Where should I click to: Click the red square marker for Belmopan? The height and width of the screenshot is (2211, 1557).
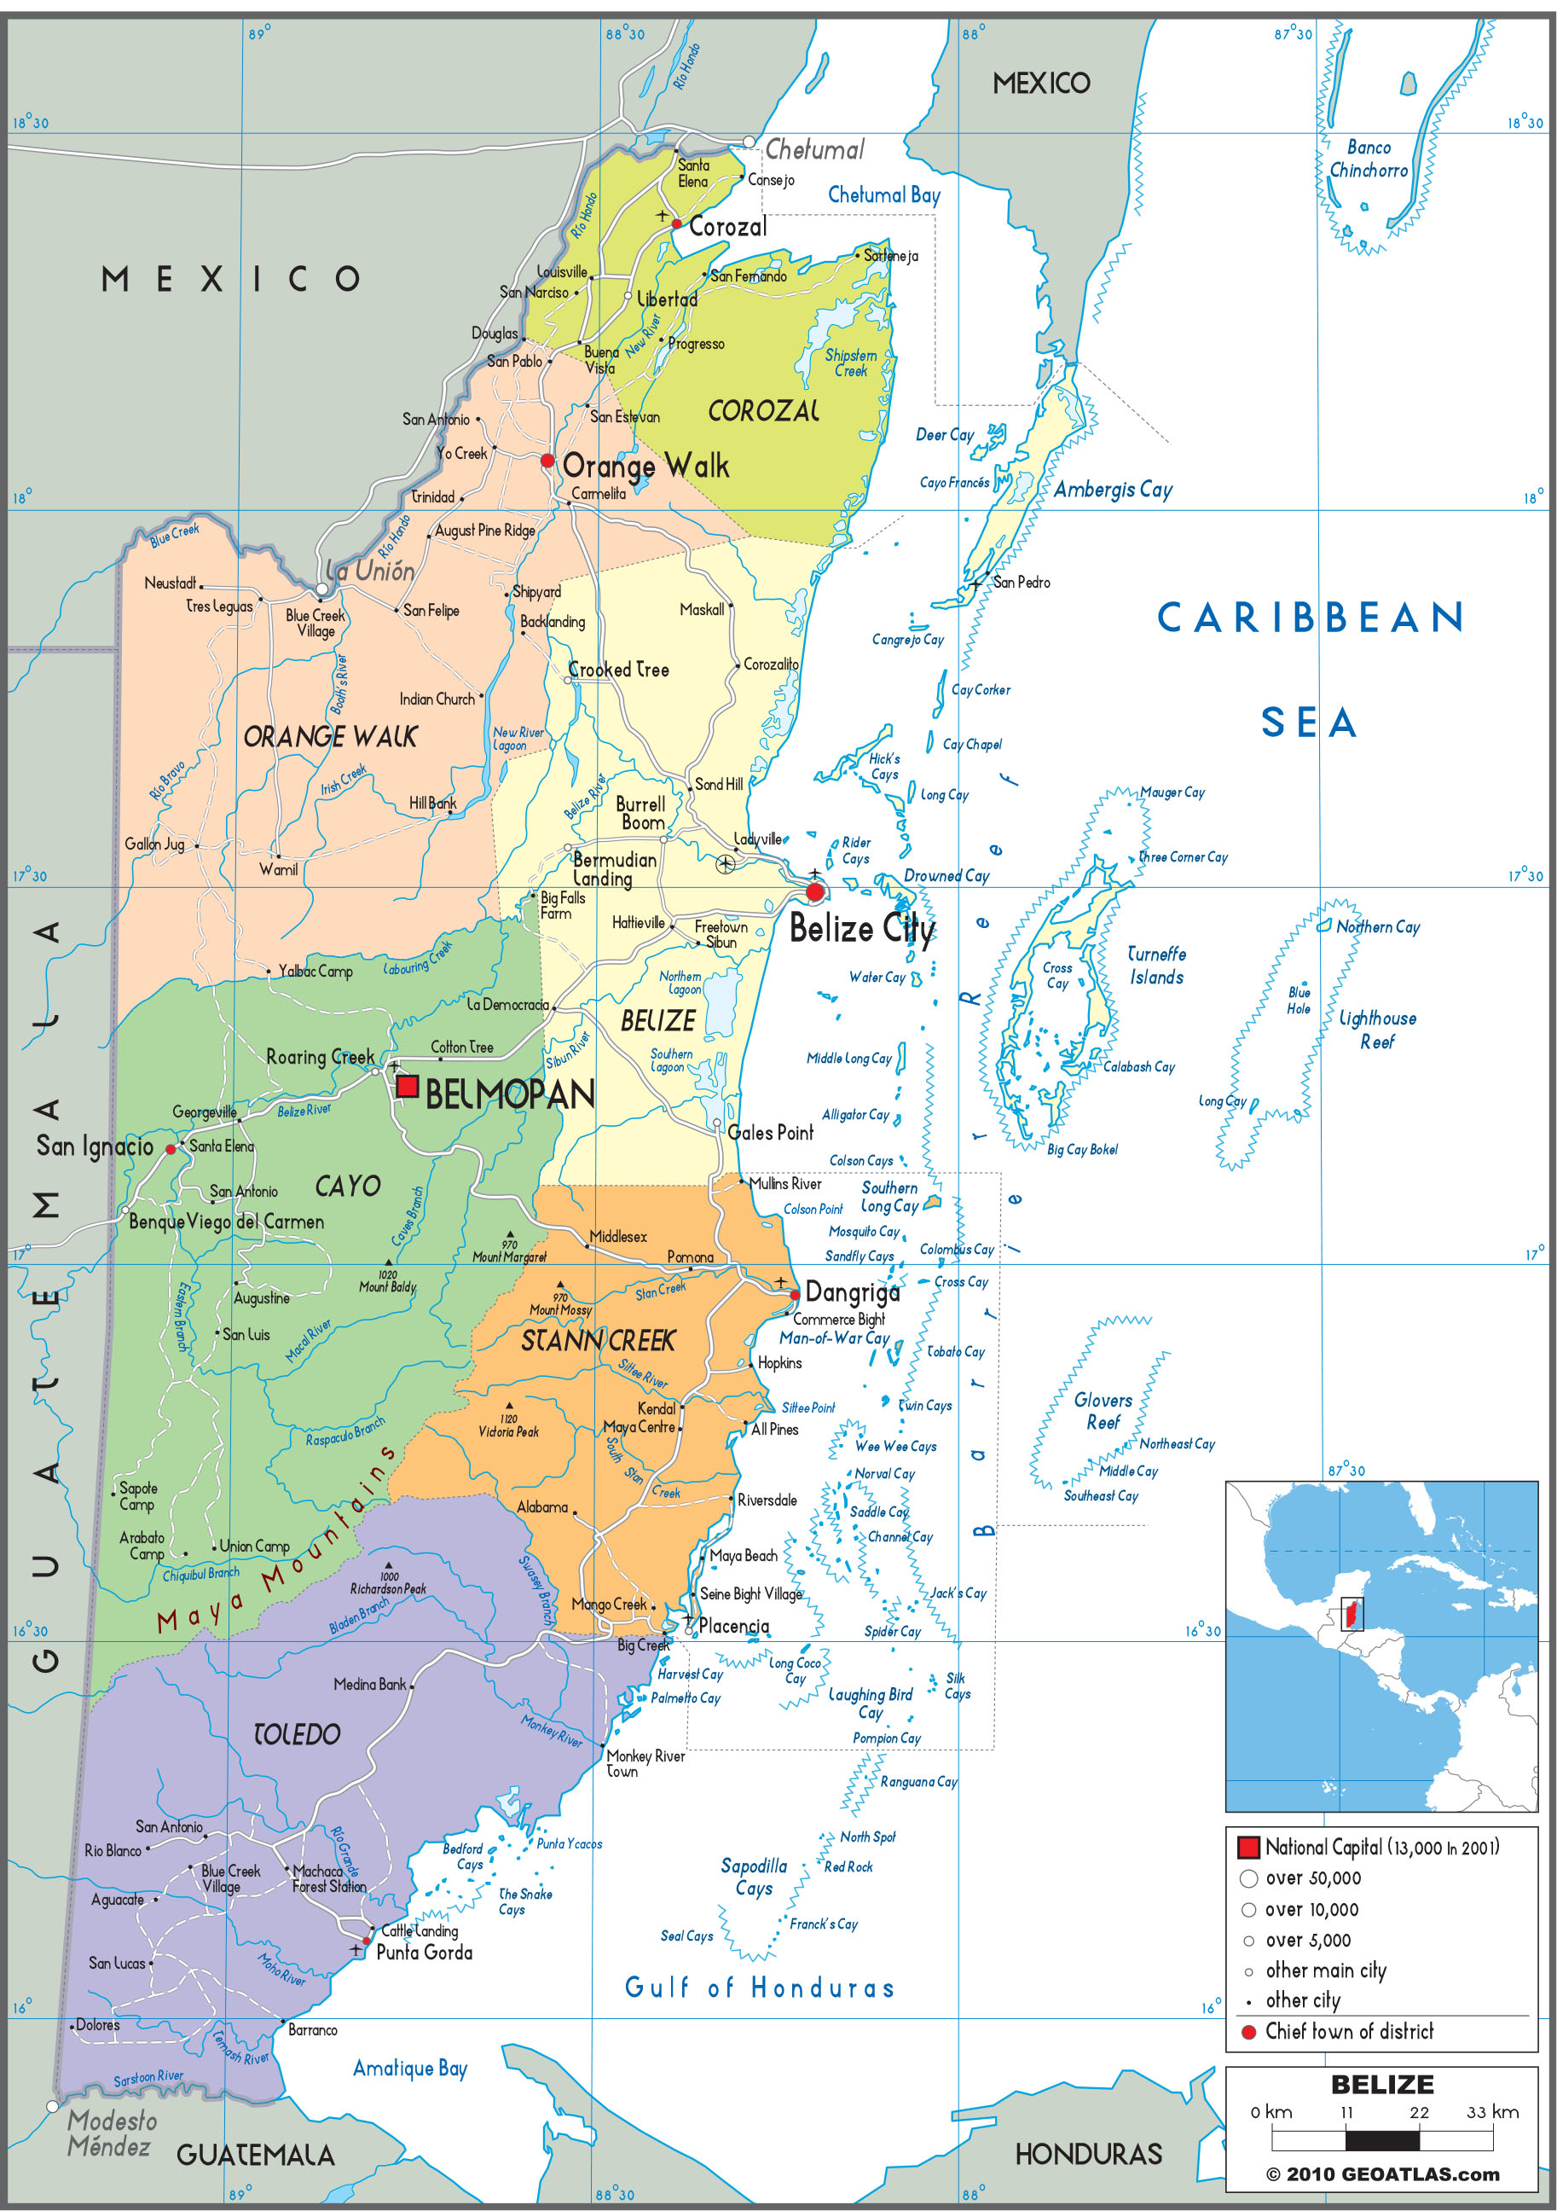tap(408, 1086)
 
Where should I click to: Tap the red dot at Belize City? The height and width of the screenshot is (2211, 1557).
tap(814, 891)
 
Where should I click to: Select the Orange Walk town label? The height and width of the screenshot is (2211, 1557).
tap(645, 466)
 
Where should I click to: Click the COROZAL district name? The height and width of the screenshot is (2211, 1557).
tap(762, 411)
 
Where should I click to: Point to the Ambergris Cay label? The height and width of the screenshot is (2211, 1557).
tap(1113, 489)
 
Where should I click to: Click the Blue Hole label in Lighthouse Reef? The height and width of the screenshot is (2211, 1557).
tap(1298, 1000)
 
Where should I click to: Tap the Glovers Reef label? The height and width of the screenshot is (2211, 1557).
tap(1103, 1411)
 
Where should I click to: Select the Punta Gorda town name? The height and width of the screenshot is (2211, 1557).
tap(424, 1952)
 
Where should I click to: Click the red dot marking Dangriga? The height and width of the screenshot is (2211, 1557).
tap(795, 1294)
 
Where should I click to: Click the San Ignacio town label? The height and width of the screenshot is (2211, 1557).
tap(96, 1146)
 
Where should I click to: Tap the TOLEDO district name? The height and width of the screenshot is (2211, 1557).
tap(297, 1734)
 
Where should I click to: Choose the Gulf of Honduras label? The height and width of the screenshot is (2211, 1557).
tap(759, 1988)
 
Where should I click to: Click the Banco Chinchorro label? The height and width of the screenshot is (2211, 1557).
tap(1369, 159)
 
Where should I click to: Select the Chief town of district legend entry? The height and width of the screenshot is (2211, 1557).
tap(1348, 2031)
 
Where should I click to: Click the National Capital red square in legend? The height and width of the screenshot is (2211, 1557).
tap(1248, 1847)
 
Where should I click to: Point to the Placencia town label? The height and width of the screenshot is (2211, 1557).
tap(733, 1627)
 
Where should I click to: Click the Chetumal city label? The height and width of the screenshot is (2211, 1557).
tap(813, 149)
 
